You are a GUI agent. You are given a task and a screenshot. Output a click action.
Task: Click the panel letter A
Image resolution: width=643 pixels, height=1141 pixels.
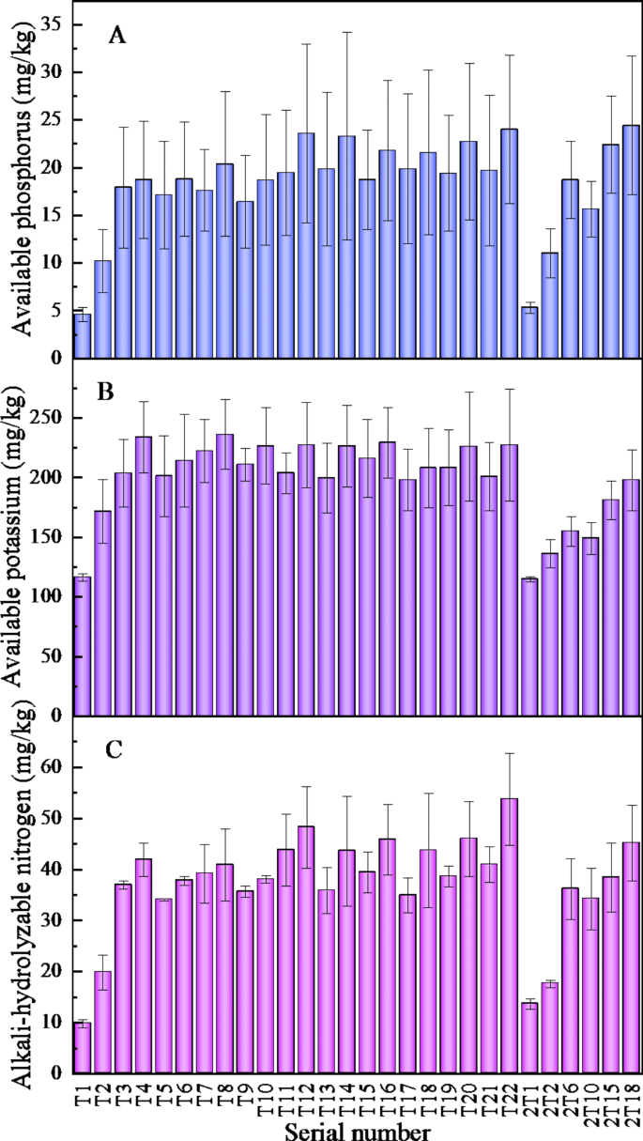pos(117,36)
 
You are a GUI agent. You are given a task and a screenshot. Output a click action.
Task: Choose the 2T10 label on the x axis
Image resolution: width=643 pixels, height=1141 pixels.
pos(591,1099)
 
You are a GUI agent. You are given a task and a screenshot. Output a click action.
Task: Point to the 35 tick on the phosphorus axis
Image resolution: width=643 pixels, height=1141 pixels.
pos(52,23)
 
